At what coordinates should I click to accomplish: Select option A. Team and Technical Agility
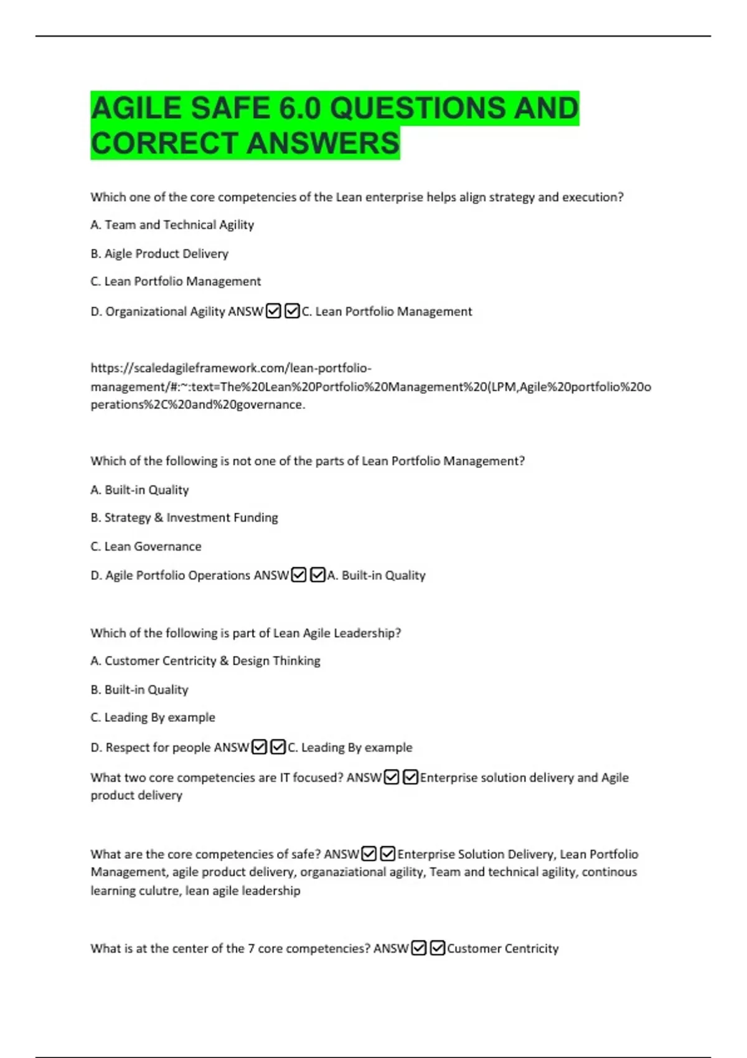(172, 225)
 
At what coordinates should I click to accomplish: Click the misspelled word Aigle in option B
(118, 254)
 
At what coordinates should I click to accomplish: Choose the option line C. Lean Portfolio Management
(176, 281)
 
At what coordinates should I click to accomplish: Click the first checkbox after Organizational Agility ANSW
(273, 311)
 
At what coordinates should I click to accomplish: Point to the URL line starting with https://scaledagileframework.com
(231, 368)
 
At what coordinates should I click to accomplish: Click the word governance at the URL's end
(273, 405)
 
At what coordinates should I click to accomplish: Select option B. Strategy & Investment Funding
(184, 518)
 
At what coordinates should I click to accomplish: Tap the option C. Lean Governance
(146, 546)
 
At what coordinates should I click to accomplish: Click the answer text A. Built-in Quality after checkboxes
(377, 575)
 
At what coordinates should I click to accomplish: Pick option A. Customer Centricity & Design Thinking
(205, 661)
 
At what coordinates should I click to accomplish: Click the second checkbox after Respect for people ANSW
(278, 747)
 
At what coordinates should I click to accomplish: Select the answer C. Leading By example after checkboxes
(350, 747)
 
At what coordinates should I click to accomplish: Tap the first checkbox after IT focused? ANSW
(392, 777)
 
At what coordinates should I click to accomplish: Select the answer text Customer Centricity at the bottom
(502, 948)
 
